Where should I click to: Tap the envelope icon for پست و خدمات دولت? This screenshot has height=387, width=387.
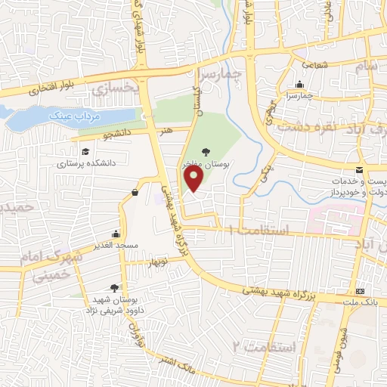pyautogui.click(x=360, y=171)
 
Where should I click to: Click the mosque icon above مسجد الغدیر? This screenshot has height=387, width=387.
pyautogui.click(x=114, y=234)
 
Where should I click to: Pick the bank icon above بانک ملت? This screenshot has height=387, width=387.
pyautogui.click(x=360, y=292)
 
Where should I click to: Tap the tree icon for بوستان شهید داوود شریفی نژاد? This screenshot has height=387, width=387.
pyautogui.click(x=113, y=287)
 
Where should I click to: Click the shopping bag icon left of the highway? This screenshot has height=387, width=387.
pyautogui.click(x=135, y=192)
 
